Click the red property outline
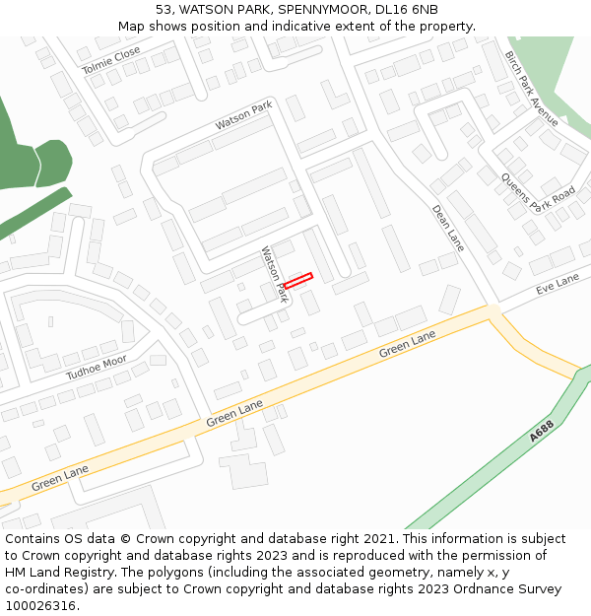tap(297, 281)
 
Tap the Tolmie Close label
tap(111, 61)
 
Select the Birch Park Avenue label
tap(532, 89)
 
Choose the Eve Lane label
tap(558, 284)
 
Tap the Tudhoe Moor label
tap(97, 368)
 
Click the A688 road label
tap(542, 430)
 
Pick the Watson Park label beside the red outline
tap(273, 275)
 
